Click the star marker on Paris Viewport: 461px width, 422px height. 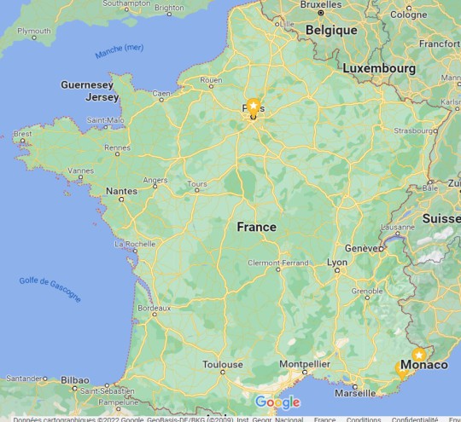coord(253,105)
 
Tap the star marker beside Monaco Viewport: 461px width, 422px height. coord(418,355)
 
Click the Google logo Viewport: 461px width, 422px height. coord(277,402)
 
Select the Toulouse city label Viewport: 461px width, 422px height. coord(222,365)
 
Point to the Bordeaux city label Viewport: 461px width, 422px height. coord(155,307)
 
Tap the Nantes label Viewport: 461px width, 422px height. coord(120,191)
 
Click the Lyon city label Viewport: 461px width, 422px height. coord(337,263)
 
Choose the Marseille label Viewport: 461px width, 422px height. coord(355,393)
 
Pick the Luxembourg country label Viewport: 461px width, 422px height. coord(379,67)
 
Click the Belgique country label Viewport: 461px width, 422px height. coord(331,30)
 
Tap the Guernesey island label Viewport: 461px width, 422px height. coord(87,85)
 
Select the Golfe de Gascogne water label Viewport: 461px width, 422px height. coord(50,289)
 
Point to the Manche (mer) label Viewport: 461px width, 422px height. coord(120,52)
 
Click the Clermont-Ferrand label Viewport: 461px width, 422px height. coord(277,263)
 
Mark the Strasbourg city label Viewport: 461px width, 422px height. coord(414,131)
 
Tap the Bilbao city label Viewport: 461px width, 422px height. coord(75,379)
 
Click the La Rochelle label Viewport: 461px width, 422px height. coord(134,244)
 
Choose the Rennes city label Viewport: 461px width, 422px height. coord(116,148)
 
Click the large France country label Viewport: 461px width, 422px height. coord(256,227)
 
